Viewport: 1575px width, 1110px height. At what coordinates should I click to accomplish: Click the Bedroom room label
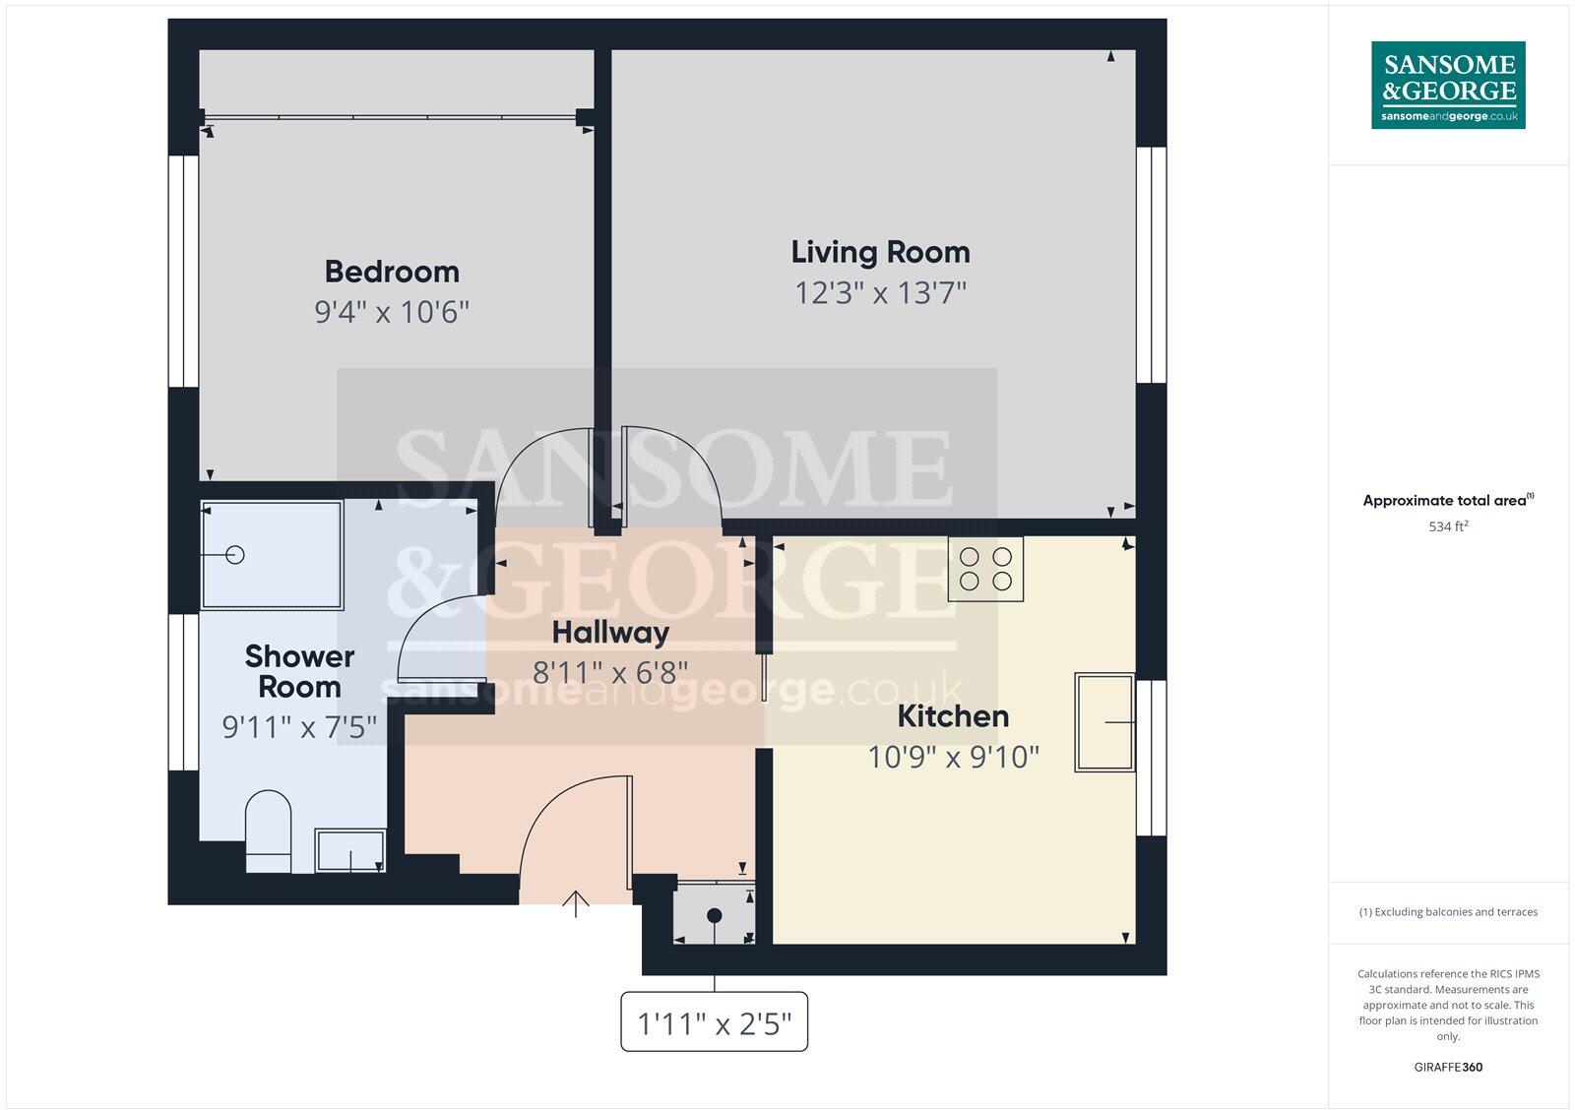(x=392, y=272)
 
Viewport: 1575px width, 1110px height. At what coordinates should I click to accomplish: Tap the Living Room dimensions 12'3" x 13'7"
(x=880, y=292)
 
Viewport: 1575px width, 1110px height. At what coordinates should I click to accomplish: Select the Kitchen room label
(x=953, y=715)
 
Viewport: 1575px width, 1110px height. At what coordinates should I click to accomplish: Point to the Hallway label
(x=610, y=632)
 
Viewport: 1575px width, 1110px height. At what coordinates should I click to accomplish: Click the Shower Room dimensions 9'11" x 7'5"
(x=299, y=727)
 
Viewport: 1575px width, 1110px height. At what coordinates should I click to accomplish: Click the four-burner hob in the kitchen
(x=985, y=569)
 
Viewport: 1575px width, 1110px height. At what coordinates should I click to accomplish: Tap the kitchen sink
(x=1103, y=721)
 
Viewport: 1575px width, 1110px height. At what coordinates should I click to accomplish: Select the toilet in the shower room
(x=268, y=831)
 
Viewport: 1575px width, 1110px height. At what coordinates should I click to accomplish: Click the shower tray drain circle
(x=234, y=555)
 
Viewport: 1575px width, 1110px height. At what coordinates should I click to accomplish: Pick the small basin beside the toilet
(x=349, y=850)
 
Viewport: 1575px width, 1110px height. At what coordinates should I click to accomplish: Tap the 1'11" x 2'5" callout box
(x=714, y=1023)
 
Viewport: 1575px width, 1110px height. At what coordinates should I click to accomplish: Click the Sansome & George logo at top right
(x=1448, y=85)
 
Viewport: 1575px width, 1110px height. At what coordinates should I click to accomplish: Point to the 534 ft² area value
(x=1448, y=526)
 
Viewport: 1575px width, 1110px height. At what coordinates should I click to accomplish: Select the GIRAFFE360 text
(x=1448, y=1067)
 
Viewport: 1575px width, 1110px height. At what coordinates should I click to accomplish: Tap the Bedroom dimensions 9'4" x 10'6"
(x=392, y=312)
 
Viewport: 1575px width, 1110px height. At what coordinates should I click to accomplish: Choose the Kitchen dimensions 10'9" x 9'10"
(x=953, y=757)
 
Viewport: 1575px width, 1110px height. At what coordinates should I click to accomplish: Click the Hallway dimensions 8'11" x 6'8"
(x=610, y=673)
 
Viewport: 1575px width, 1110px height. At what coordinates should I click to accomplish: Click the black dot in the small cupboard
(x=715, y=915)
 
